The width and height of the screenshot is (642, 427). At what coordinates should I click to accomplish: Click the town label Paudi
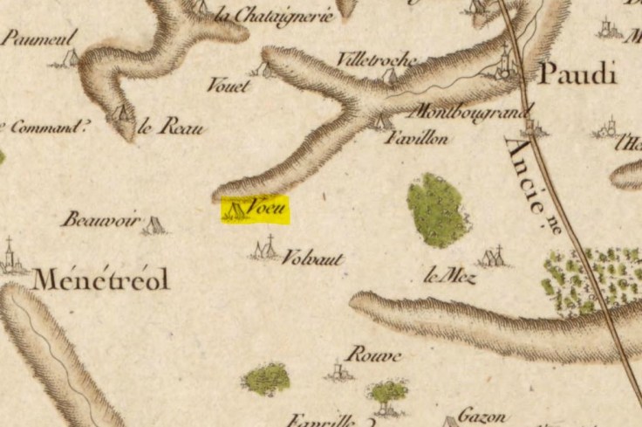point(577,74)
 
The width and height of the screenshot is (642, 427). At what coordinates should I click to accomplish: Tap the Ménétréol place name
point(100,280)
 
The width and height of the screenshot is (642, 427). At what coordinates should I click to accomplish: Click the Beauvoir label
point(100,220)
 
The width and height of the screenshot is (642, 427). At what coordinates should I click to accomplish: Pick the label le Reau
point(172,127)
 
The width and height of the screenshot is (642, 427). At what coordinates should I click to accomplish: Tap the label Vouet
point(229,86)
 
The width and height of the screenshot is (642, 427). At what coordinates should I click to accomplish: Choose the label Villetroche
point(377,59)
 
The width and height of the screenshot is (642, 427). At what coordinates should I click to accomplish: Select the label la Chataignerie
point(274,15)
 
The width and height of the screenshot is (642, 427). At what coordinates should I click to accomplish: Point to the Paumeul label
point(39,37)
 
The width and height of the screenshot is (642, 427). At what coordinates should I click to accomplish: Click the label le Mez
point(449,278)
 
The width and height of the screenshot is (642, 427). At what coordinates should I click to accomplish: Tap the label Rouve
point(372,355)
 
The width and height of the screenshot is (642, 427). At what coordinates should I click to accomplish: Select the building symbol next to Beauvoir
point(155,225)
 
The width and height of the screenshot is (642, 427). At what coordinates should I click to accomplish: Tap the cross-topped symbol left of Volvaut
point(266,250)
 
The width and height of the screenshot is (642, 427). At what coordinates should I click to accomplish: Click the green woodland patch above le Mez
point(438,210)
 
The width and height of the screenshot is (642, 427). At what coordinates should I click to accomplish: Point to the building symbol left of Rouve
point(339,371)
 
